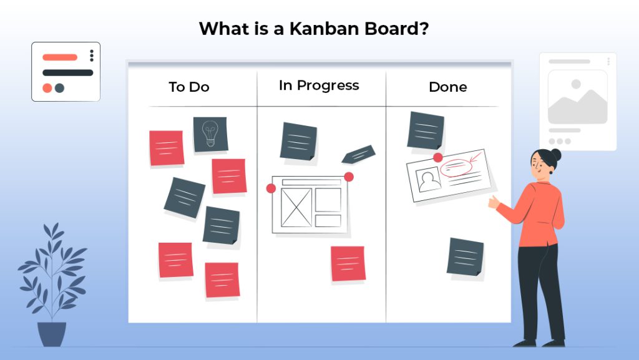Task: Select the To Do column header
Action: coord(188,87)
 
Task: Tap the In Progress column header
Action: coord(319,85)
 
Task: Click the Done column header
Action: coord(447,87)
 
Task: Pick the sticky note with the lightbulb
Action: coord(210,134)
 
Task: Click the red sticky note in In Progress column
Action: coord(348,263)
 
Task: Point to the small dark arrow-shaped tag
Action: coord(358,154)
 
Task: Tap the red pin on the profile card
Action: coord(438,157)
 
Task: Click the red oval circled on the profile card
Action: coord(454,167)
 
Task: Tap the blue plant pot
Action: coord(52,334)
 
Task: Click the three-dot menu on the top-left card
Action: coord(92,56)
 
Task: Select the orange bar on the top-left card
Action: coord(60,57)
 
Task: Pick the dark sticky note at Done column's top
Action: coord(426,131)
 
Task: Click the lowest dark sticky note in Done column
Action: coord(465,256)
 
